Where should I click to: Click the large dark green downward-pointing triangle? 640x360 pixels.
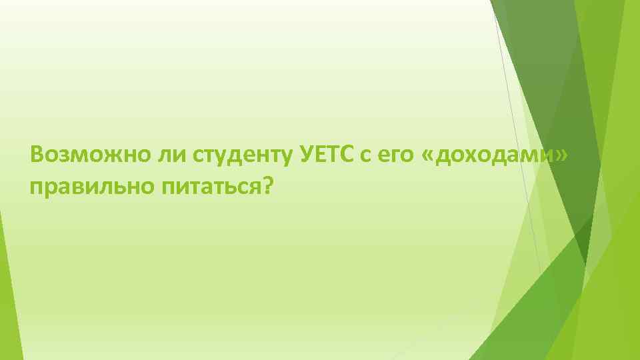[553, 100]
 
